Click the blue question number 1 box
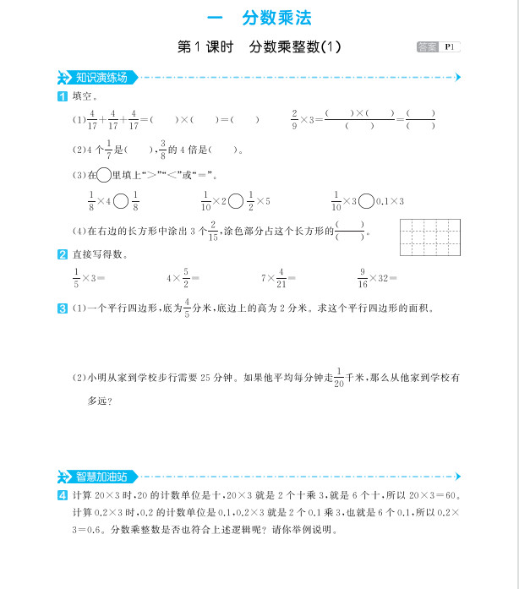pyautogui.click(x=62, y=97)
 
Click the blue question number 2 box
pyautogui.click(x=62, y=254)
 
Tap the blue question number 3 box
pyautogui.click(x=62, y=308)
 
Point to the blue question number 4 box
pyautogui.click(x=62, y=495)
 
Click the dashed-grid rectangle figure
pyautogui.click(x=429, y=237)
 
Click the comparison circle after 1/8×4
pyautogui.click(x=122, y=201)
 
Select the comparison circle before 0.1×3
pyautogui.click(x=366, y=201)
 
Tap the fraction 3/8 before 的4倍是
pyautogui.click(x=162, y=150)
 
